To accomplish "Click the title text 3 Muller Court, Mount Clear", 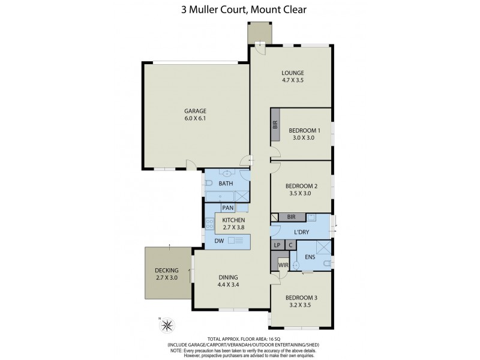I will click(240, 10).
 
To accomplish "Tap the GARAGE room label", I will click(195, 111).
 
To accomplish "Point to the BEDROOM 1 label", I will click(304, 130).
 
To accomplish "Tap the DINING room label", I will click(228, 277).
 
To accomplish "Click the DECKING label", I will click(166, 271).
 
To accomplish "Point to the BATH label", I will click(226, 183).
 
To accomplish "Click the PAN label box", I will click(227, 208).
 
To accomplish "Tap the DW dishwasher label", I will click(219, 241).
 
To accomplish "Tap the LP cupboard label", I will click(277, 245).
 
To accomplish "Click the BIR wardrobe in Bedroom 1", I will click(275, 125).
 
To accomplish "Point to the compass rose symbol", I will click(167, 326).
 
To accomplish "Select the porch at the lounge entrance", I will click(259, 32).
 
